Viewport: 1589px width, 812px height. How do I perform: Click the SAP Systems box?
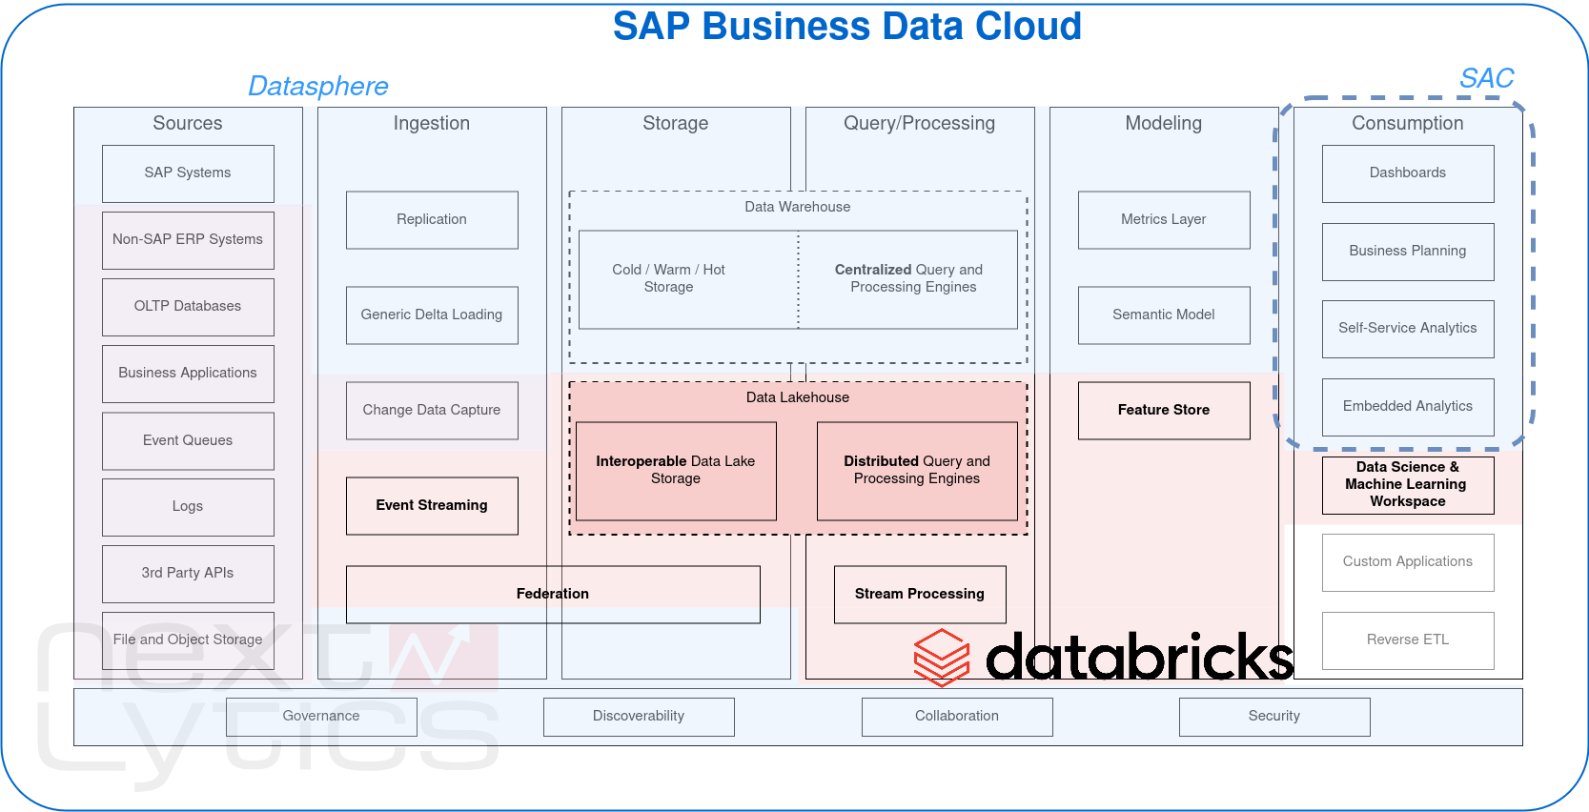click(188, 173)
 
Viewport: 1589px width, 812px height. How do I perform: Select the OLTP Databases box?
click(188, 307)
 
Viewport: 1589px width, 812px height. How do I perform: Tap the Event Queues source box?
click(188, 440)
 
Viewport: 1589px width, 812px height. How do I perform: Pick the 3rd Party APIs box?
click(188, 574)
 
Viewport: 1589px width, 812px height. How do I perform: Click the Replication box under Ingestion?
click(432, 220)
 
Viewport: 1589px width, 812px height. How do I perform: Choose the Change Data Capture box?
click(432, 411)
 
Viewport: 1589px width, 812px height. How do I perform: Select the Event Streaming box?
click(432, 506)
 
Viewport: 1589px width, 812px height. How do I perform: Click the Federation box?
click(553, 595)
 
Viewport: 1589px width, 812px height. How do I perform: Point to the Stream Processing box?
click(920, 595)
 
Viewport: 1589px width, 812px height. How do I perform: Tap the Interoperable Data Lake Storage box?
click(676, 471)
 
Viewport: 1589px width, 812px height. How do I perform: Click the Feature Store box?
click(1164, 411)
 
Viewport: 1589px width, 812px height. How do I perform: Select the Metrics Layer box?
click(1164, 220)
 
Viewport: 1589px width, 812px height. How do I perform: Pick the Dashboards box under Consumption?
click(1408, 173)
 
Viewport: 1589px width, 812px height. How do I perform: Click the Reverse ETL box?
click(1408, 640)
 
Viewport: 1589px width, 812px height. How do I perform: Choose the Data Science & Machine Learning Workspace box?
click(1408, 485)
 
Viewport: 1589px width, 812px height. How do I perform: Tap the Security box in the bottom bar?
click(1274, 717)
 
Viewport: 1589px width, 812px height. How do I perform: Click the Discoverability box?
click(639, 717)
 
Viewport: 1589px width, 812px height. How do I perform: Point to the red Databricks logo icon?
click(942, 658)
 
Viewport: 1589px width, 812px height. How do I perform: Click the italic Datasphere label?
click(318, 87)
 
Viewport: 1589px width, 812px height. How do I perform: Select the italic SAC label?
click(1486, 79)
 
